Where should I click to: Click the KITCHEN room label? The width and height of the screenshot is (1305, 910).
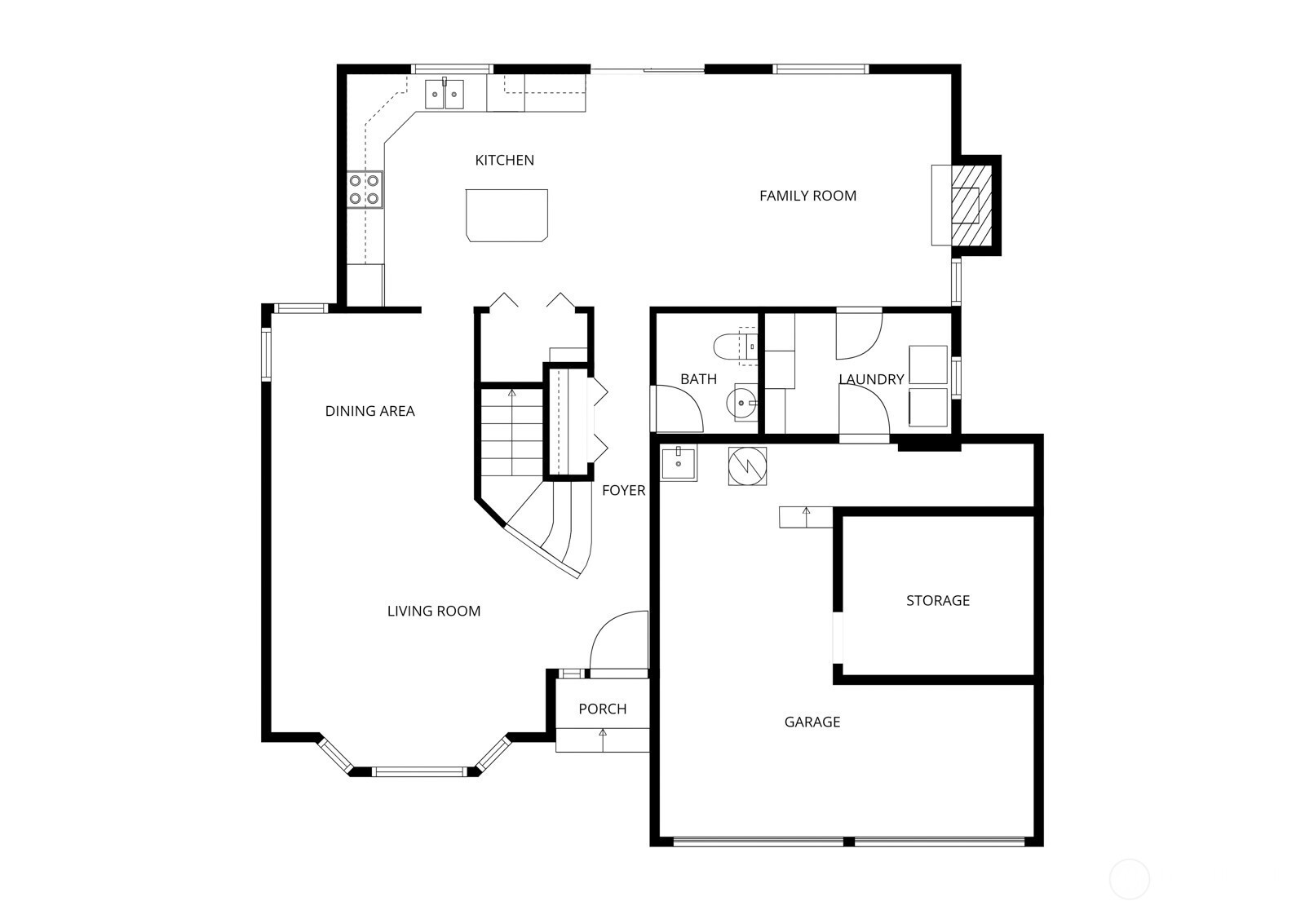[x=504, y=160]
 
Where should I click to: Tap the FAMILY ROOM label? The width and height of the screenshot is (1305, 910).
[x=807, y=196]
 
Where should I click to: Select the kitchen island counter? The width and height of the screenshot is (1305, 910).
[x=507, y=214]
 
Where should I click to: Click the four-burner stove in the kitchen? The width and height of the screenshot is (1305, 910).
[x=365, y=189]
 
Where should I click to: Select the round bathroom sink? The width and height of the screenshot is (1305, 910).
[x=742, y=402]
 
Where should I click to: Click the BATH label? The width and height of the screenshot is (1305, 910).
[x=698, y=378]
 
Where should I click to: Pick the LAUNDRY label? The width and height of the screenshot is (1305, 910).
[x=871, y=379]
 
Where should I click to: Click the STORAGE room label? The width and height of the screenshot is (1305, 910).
[x=937, y=600]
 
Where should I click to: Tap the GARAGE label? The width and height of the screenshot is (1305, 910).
[x=812, y=722]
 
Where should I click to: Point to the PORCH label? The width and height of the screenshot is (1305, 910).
[x=602, y=709]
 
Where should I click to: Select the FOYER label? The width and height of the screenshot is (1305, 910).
[x=623, y=490]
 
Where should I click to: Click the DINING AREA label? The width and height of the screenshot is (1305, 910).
[x=369, y=411]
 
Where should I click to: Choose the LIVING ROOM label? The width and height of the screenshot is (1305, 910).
[x=433, y=611]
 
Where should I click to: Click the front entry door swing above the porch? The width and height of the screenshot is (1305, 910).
[x=617, y=643]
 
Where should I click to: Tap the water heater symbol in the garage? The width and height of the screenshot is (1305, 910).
[x=747, y=466]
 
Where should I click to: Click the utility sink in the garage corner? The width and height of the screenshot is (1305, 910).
[x=678, y=463]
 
